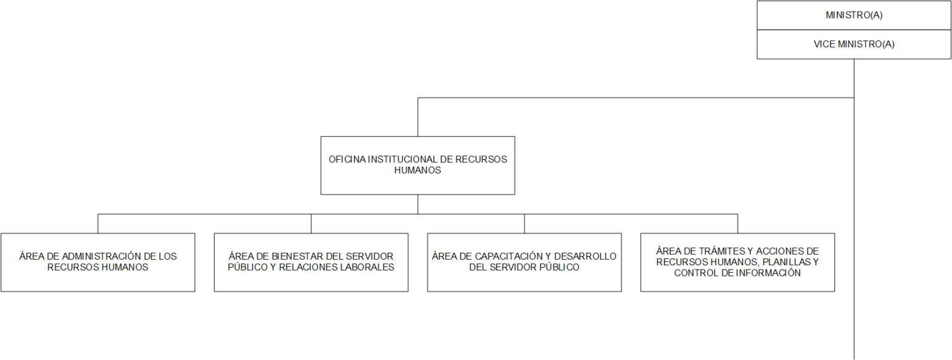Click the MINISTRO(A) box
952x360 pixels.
(x=854, y=15)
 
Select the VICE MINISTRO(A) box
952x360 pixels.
(x=854, y=44)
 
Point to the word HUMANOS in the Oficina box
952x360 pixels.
(x=417, y=170)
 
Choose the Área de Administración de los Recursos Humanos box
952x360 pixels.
(x=98, y=262)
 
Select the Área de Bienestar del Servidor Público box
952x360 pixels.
(x=311, y=262)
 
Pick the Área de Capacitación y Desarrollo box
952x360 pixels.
(x=524, y=262)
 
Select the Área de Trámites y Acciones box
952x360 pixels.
(x=738, y=262)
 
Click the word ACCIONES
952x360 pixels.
(x=772, y=251)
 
